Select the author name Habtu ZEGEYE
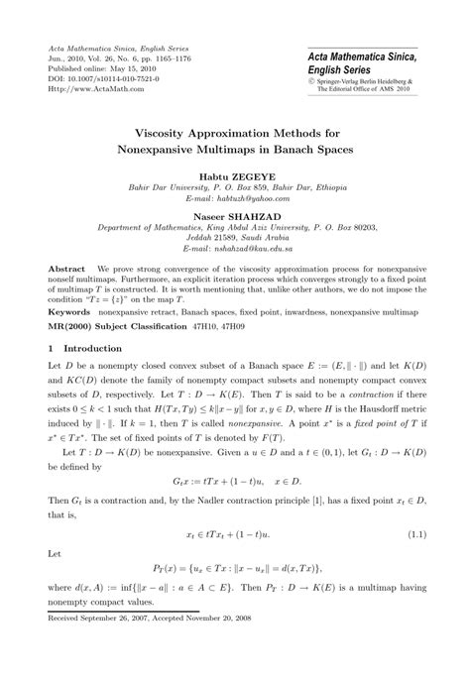tap(234, 175)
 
